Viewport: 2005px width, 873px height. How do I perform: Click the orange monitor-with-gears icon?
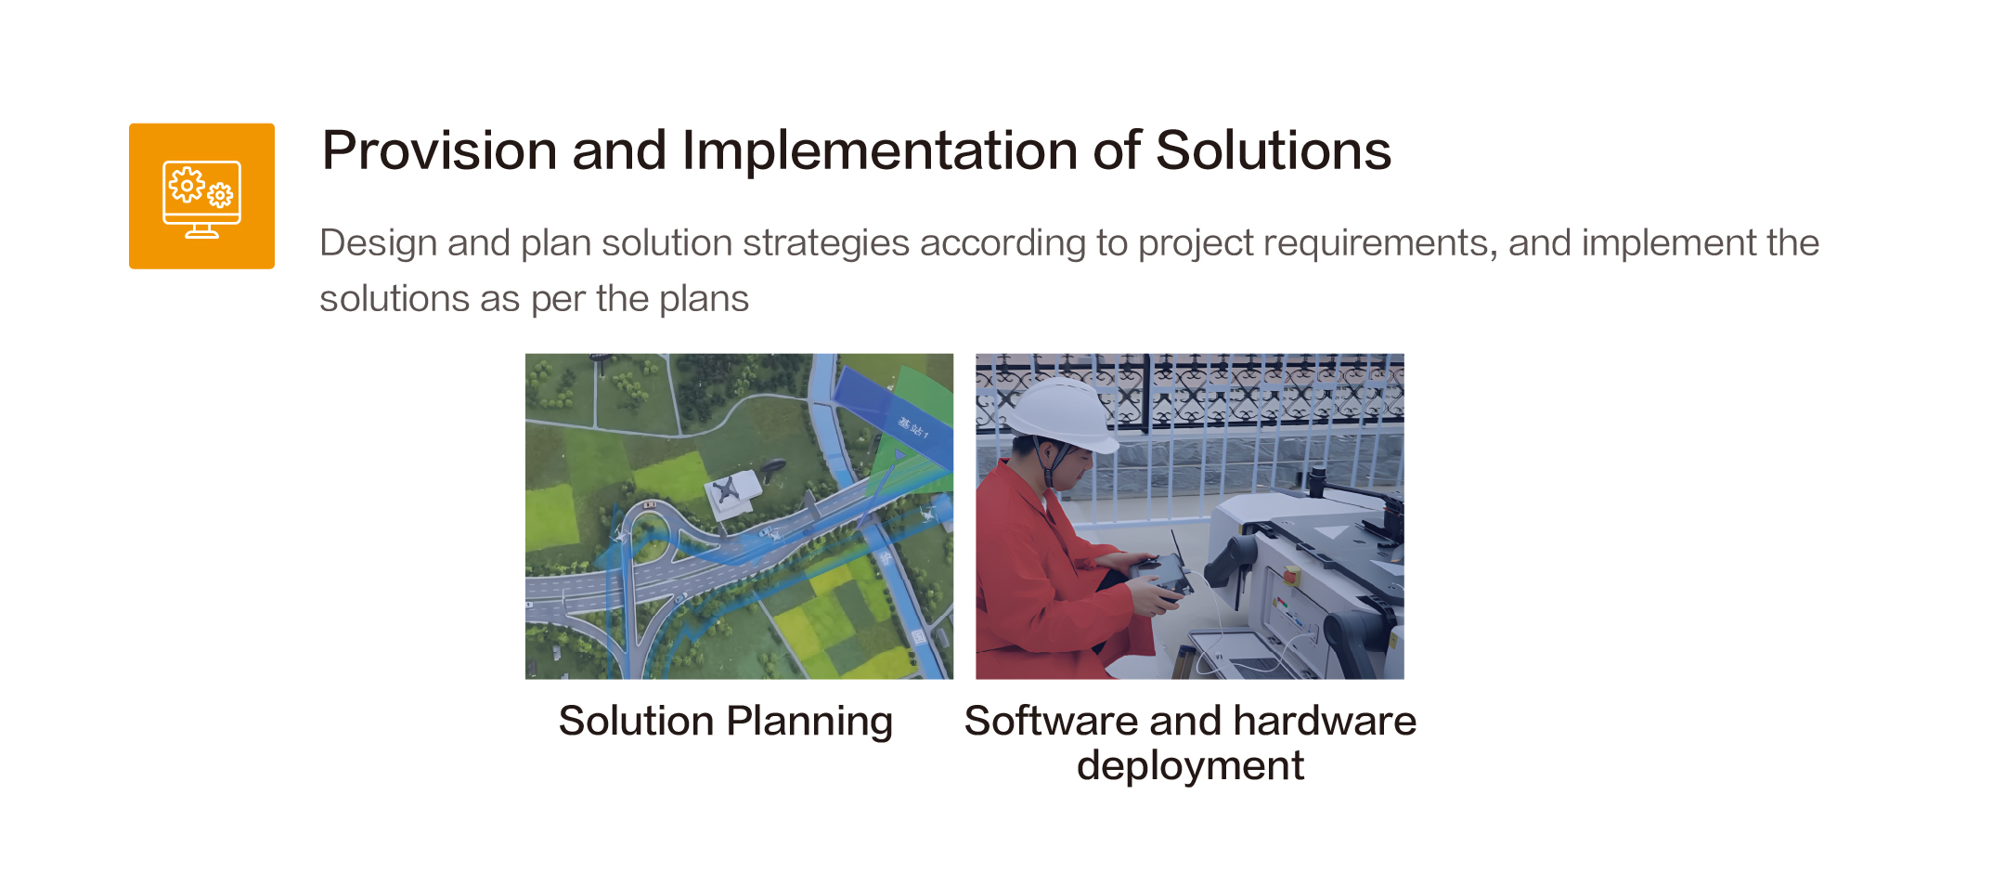click(201, 196)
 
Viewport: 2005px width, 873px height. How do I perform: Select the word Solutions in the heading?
click(1273, 150)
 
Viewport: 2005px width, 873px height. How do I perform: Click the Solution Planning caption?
click(726, 721)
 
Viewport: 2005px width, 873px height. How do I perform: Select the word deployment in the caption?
click(1190, 765)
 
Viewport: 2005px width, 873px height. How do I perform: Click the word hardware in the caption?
click(1325, 721)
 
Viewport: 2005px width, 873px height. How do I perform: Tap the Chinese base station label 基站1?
click(912, 428)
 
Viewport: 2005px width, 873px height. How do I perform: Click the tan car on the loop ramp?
click(649, 504)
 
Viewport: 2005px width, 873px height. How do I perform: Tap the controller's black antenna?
click(1176, 547)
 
